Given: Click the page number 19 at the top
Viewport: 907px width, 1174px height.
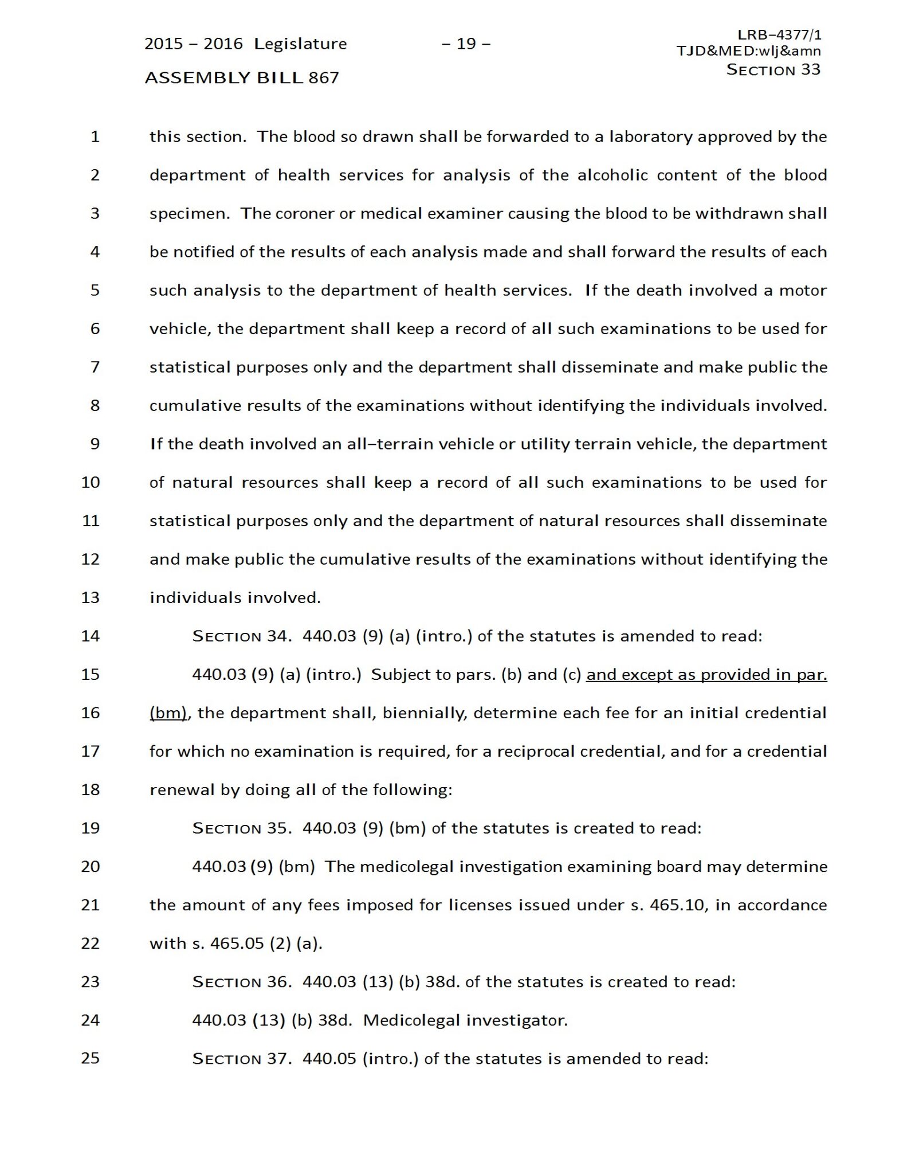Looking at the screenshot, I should coord(466,44).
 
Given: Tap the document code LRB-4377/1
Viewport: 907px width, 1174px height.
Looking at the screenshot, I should coord(779,35).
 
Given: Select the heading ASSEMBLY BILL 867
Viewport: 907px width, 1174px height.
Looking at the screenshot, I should coord(242,77).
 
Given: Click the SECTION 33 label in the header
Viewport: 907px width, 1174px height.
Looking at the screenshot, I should coord(773,70).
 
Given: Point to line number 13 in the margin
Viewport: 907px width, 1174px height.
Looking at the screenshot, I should coord(91,597).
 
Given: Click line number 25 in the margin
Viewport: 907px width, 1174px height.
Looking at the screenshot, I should coord(91,1058).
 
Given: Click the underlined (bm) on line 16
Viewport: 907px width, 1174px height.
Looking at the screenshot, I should coord(168,713).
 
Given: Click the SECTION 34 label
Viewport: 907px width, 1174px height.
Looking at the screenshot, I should coord(241,636).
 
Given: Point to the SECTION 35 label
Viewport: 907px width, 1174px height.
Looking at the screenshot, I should coord(241,828).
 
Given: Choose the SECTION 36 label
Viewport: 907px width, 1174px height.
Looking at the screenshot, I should coord(241,981).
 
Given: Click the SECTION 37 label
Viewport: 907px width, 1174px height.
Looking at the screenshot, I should coord(241,1058).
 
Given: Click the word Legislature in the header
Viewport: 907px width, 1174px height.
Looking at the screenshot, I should coord(300,44).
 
